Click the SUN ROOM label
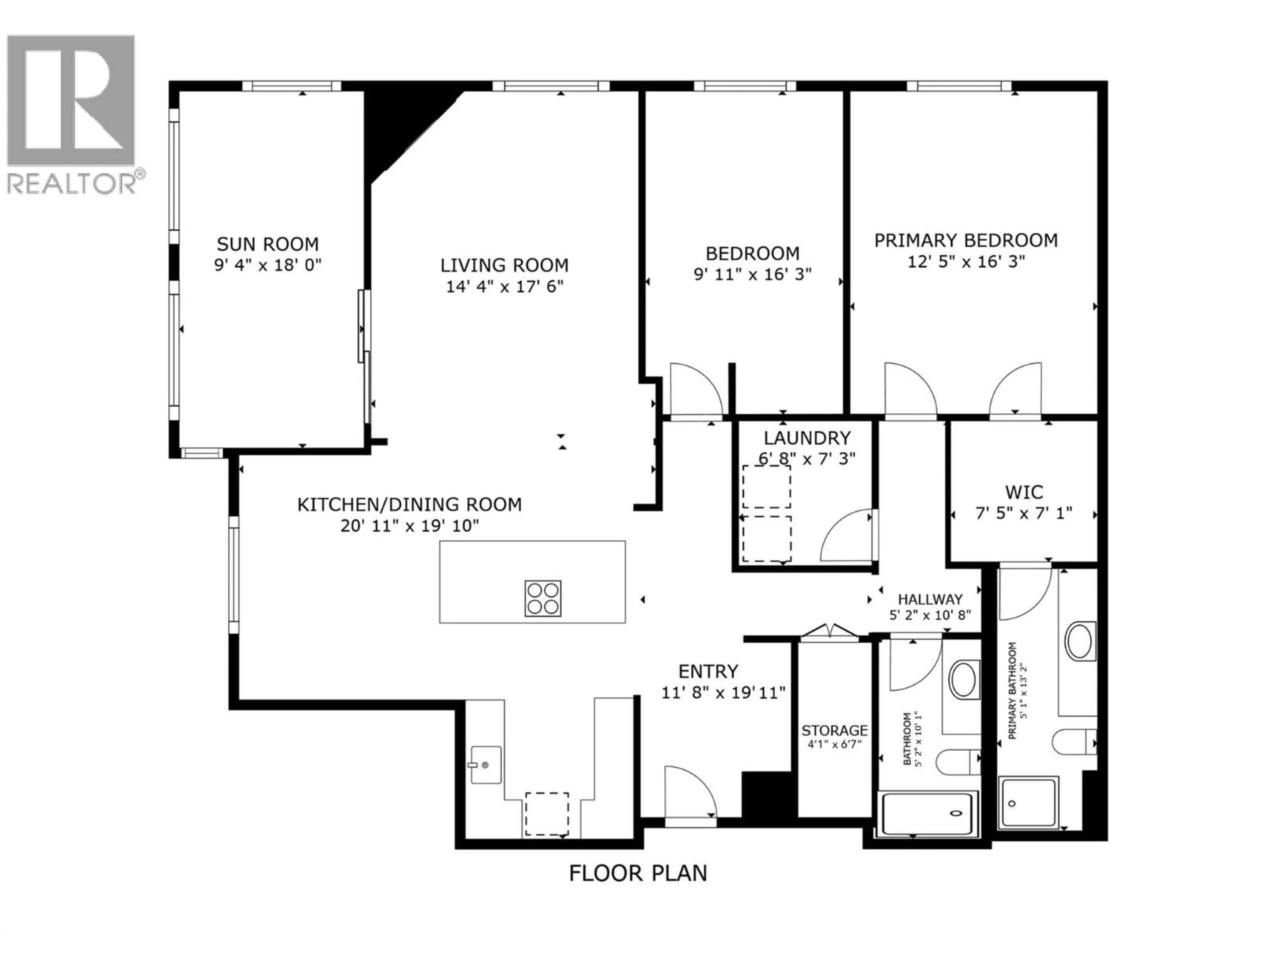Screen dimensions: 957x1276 [267, 244]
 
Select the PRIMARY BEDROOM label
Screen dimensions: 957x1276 [966, 240]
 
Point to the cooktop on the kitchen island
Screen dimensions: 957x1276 [542, 598]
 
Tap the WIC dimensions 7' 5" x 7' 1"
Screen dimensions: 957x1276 [1023, 513]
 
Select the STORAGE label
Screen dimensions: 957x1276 [834, 731]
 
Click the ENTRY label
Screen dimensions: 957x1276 [708, 672]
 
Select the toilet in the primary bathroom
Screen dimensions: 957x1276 [1073, 742]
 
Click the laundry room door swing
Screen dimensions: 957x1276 [847, 536]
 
